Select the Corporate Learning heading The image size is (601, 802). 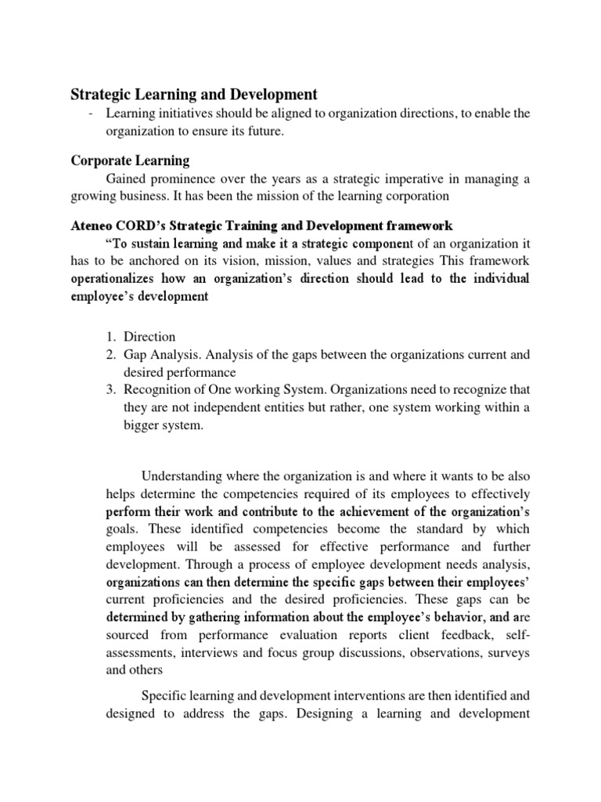click(130, 161)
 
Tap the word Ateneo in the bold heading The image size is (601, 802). click(95, 226)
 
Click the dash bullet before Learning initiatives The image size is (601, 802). click(92, 114)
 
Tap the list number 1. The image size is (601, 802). click(110, 337)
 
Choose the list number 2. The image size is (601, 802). click(110, 355)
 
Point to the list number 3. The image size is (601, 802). click(110, 390)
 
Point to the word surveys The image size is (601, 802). click(508, 652)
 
